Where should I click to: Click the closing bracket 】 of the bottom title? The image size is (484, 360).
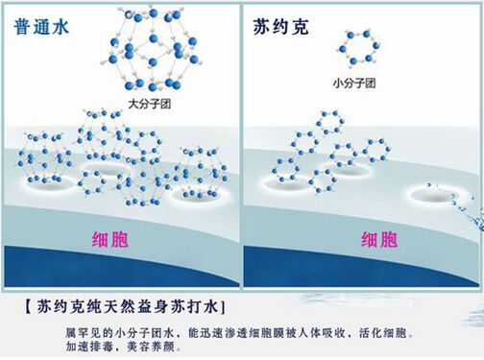click(x=223, y=307)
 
